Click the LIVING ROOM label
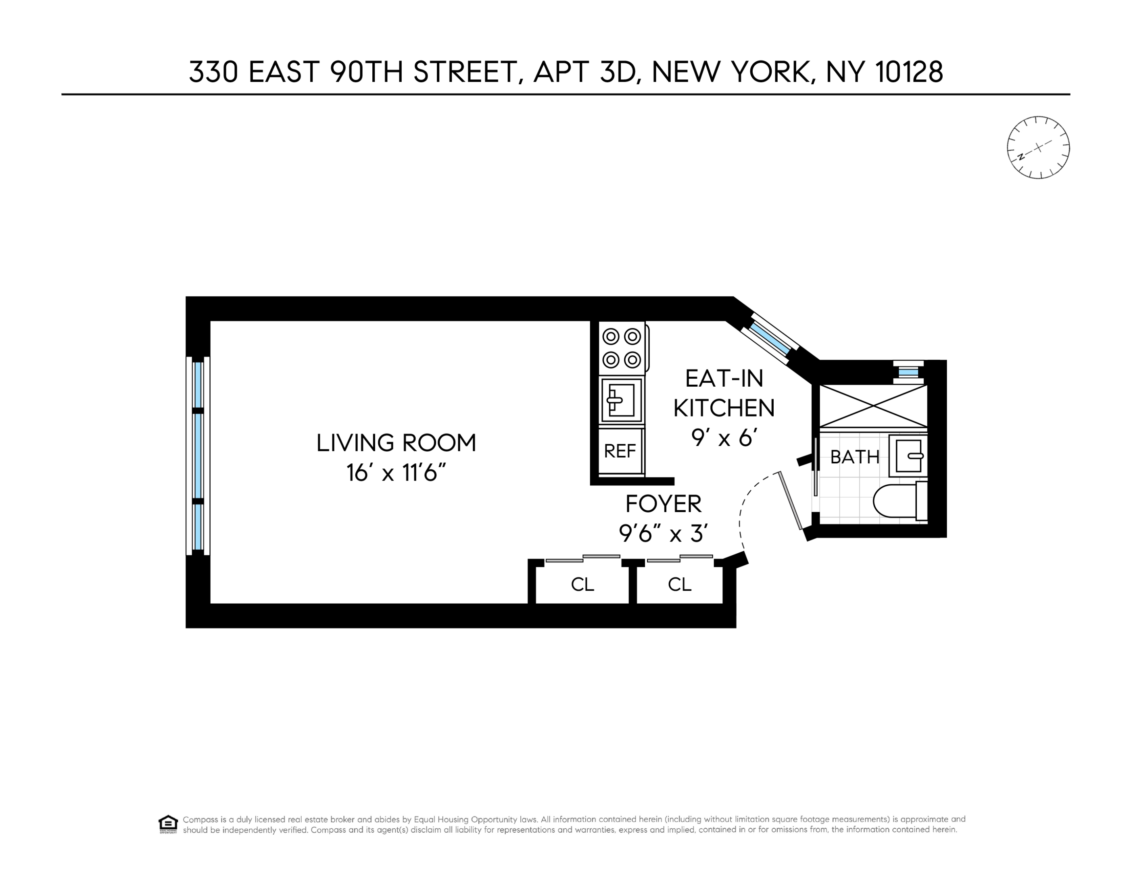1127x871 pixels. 396,443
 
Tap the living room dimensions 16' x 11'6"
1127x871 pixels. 396,473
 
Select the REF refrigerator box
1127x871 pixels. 620,451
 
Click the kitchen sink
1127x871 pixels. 621,400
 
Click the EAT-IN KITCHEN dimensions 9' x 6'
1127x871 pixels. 724,438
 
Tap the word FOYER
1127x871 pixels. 663,504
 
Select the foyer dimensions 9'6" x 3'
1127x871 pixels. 663,533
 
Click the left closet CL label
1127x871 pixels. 582,584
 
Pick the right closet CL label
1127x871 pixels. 679,584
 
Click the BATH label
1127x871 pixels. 855,456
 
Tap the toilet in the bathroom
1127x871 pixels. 898,500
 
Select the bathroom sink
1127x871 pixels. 909,456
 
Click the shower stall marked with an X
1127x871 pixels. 873,406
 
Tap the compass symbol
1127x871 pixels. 1038,148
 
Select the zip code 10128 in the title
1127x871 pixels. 910,72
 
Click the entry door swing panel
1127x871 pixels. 791,500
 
